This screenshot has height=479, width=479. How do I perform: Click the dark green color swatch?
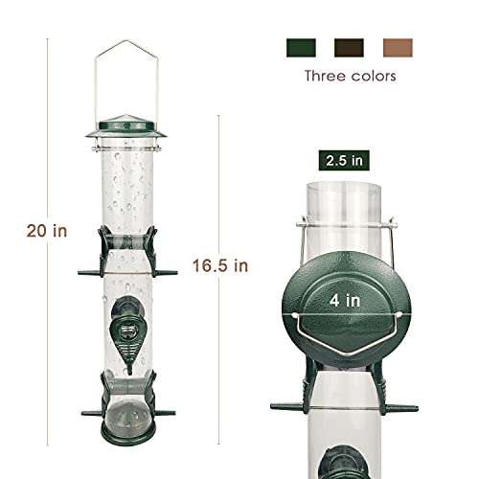click(301, 48)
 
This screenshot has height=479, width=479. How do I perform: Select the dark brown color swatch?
click(349, 48)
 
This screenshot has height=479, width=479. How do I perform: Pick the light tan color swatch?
click(398, 48)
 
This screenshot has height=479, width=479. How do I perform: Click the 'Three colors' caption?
click(351, 76)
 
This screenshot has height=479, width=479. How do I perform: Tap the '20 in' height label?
click(47, 231)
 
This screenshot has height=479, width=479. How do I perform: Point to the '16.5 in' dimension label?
click(220, 265)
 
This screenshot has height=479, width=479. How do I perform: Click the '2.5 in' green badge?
click(344, 160)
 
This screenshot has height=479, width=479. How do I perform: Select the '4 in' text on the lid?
click(345, 301)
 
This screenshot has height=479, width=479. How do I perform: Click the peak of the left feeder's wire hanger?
click(126, 41)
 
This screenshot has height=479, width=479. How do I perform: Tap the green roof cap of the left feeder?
click(126, 127)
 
